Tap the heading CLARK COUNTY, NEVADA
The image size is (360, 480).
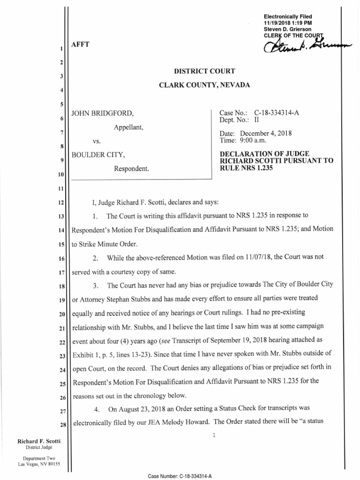click(x=204, y=85)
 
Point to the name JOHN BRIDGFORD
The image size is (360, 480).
click(x=99, y=113)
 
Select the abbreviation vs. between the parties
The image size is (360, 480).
click(x=97, y=141)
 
